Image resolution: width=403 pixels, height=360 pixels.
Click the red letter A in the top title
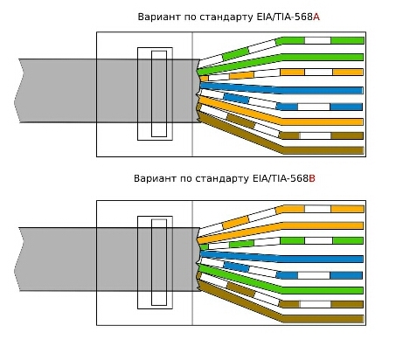tap(316, 17)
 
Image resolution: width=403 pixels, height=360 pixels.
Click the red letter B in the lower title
tap(312, 178)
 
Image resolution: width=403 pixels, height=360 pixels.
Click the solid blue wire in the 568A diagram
tap(281, 88)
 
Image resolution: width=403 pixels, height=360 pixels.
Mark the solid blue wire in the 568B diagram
tap(281, 257)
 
